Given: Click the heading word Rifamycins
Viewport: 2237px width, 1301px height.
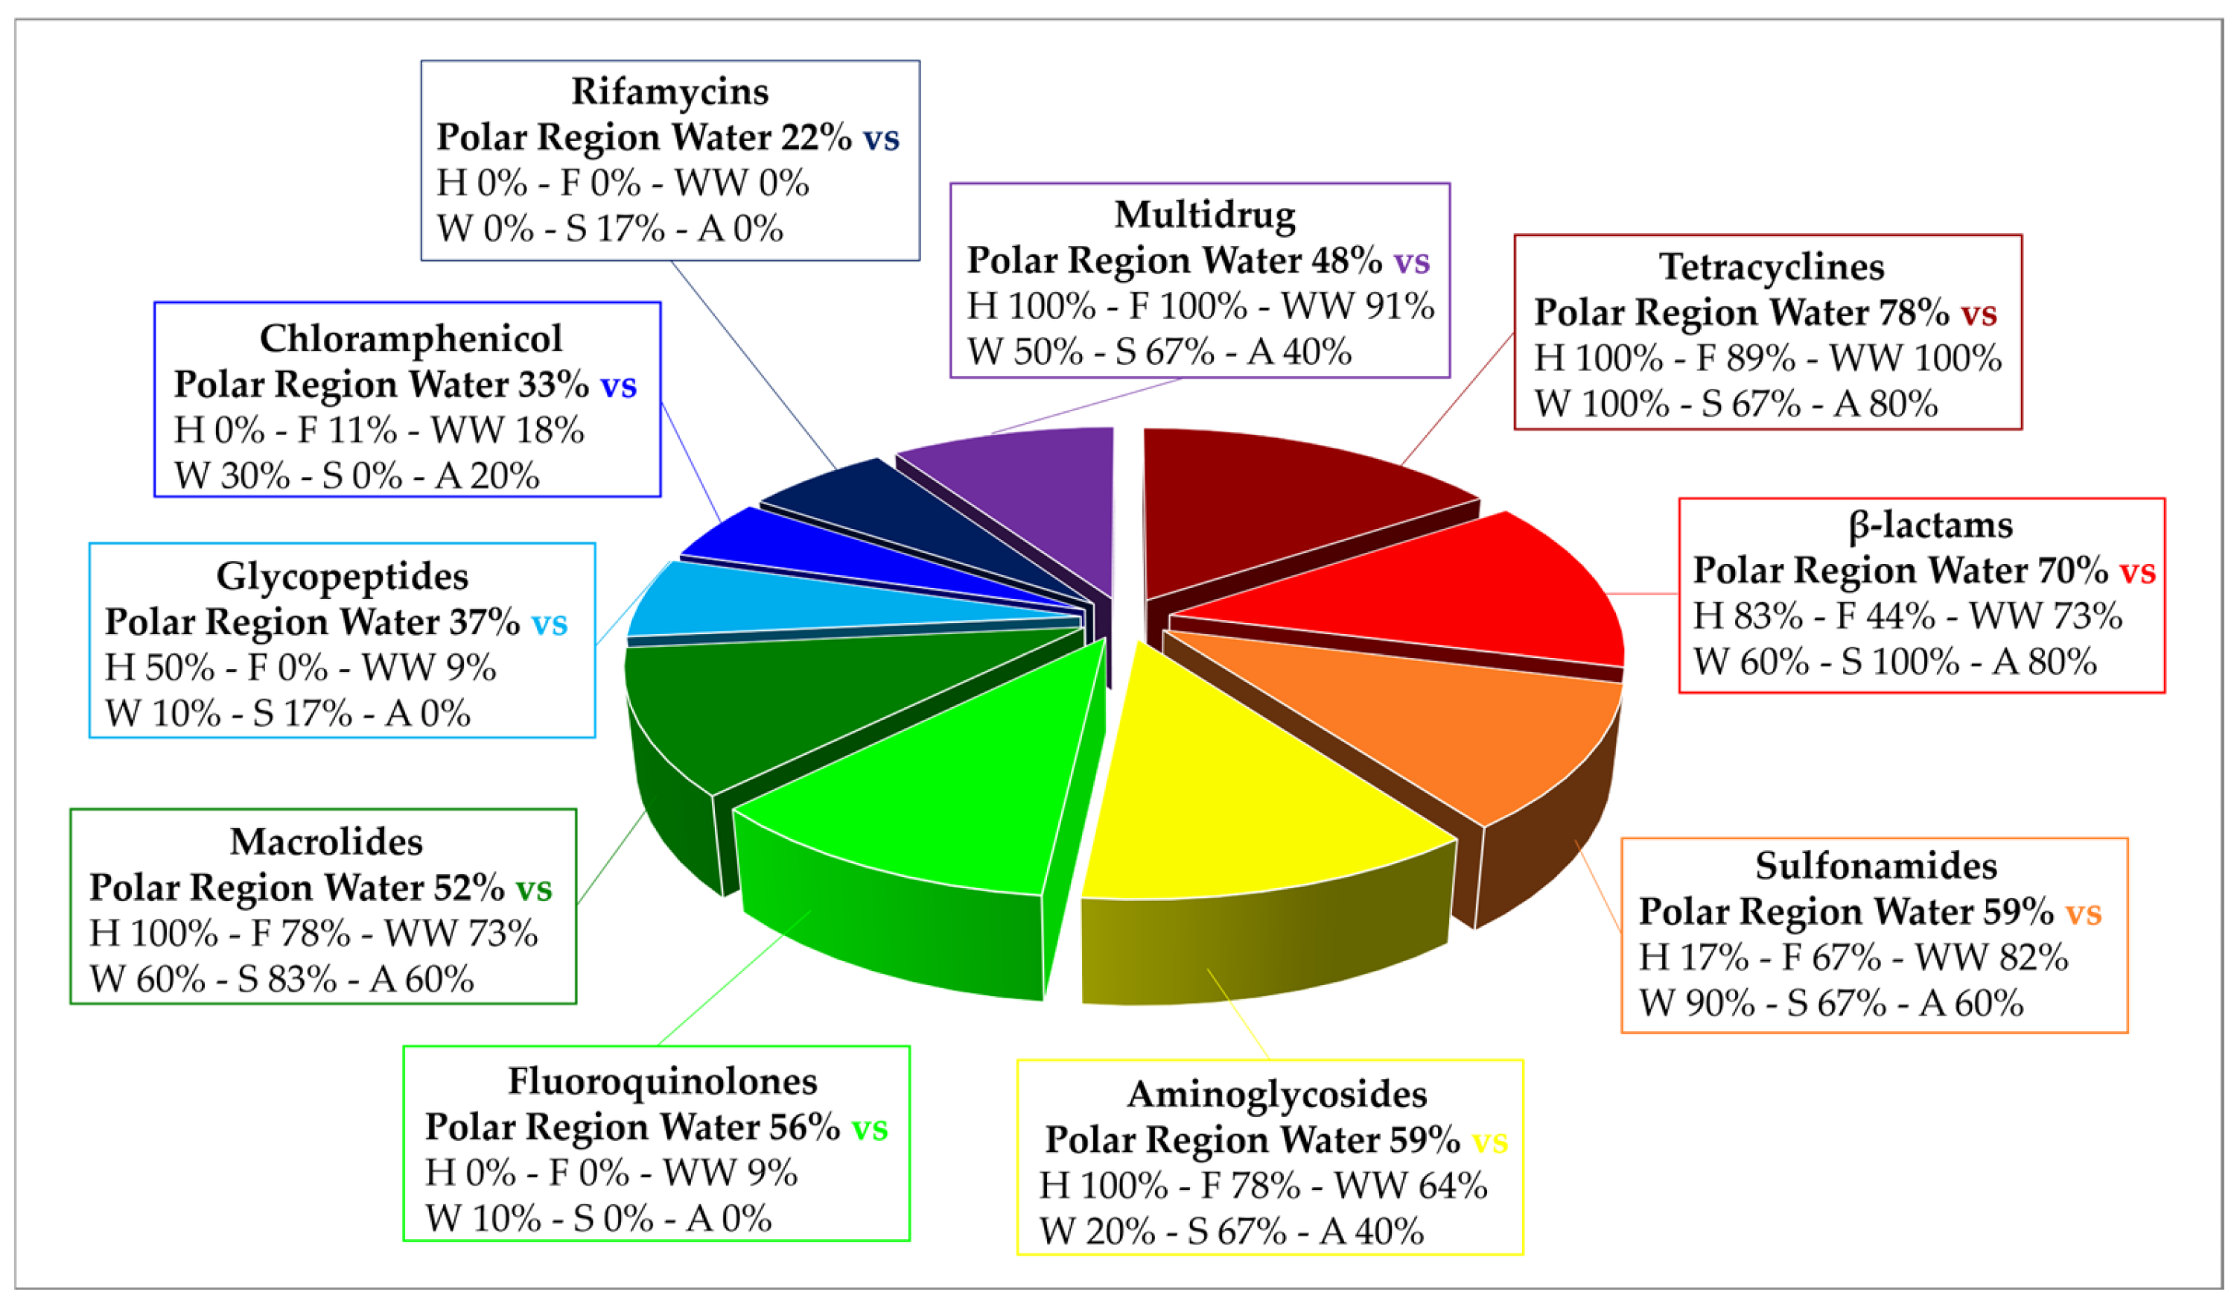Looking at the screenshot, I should (669, 92).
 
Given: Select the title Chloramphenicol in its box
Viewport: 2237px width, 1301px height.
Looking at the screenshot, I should (410, 338).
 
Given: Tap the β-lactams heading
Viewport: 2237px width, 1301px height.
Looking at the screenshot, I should (1930, 525).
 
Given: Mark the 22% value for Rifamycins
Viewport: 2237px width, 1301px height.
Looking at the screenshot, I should (816, 138).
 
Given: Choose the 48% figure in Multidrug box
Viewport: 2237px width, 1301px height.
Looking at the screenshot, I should (1346, 260).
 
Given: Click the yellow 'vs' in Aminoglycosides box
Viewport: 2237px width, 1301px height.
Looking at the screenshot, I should (1489, 1141).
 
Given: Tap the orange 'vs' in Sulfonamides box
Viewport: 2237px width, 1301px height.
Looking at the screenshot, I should (2083, 912).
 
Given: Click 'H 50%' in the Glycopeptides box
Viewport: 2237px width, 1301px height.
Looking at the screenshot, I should (160, 668).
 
